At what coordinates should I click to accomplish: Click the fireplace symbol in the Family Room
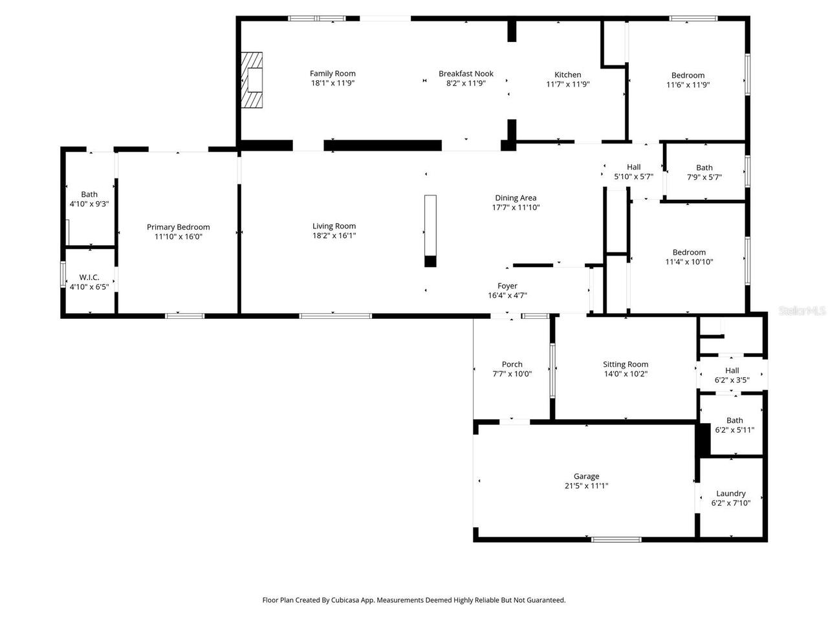pos(253,80)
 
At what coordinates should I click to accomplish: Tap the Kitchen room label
pos(567,74)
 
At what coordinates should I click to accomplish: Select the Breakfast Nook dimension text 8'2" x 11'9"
pos(466,83)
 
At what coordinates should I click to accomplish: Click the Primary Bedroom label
pos(178,227)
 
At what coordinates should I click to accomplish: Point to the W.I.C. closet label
pos(89,277)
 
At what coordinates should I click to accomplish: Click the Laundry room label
pos(731,493)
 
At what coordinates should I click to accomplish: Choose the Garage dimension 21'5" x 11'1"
pos(586,486)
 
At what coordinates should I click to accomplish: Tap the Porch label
pos(512,364)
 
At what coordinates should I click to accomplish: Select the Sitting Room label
pos(626,364)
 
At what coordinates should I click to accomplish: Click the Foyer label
pos(507,286)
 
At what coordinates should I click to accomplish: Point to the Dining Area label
pos(516,198)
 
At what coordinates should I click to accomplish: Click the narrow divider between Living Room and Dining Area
pos(430,230)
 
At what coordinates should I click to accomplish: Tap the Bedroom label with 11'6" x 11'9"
pos(688,75)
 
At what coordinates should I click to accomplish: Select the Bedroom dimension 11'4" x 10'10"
pos(689,262)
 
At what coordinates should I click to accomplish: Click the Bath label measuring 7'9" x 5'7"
pos(704,168)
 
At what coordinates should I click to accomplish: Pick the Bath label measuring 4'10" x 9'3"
pos(89,194)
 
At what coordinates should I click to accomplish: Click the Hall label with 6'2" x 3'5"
pos(732,371)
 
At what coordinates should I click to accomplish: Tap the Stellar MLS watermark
pos(802,311)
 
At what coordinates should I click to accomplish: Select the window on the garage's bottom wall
pos(616,539)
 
